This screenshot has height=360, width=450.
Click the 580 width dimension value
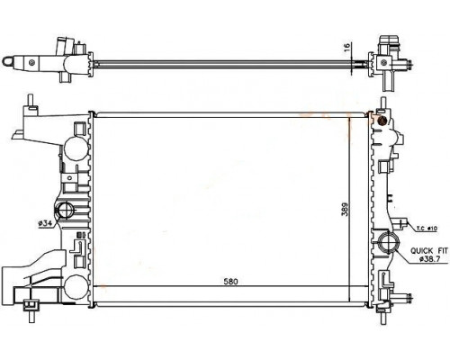pyautogui.click(x=230, y=282)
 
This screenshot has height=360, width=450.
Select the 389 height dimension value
pyautogui.click(x=345, y=210)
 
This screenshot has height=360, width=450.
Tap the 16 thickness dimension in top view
pyautogui.click(x=346, y=46)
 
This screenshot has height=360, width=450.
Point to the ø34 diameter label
pyautogui.click(x=45, y=223)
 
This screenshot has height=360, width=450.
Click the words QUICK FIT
pyautogui.click(x=429, y=250)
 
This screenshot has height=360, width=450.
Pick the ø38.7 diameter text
pyautogui.click(x=429, y=259)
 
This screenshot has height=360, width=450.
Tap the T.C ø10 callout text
pyautogui.click(x=427, y=229)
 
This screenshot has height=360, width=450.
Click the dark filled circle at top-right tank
pyautogui.click(x=382, y=121)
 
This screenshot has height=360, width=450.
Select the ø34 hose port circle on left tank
pyautogui.click(x=65, y=210)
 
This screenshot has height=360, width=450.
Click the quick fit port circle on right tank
pyautogui.click(x=388, y=241)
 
